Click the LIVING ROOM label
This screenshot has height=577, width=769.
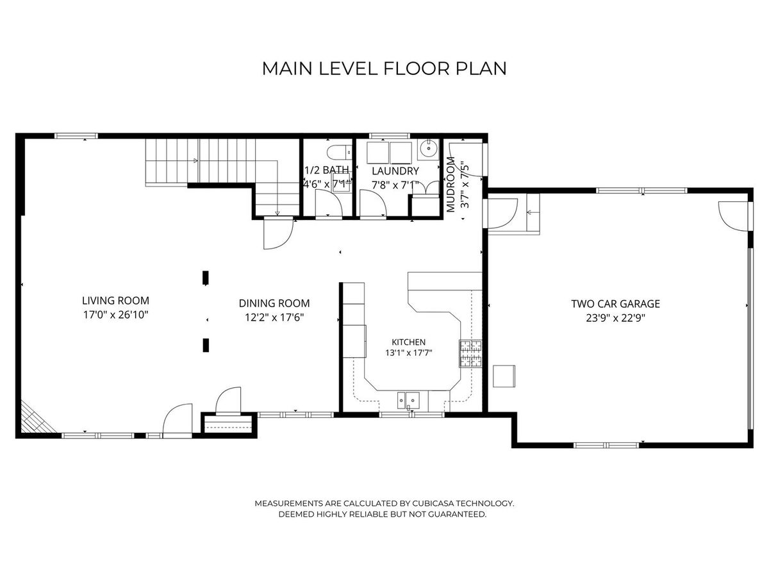pos(115,301)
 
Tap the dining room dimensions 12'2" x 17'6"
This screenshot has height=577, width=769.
pos(274,317)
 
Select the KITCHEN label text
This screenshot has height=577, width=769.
pos(408,342)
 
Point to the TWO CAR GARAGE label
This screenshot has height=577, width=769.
pos(616,304)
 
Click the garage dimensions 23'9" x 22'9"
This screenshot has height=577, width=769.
pos(616,318)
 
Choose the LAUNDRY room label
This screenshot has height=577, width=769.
pos(395,171)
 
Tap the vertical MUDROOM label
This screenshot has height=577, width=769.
pos(451,184)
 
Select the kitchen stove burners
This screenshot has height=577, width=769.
pos(470,353)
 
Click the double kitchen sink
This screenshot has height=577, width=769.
pos(408,400)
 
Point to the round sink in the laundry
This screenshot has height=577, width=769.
pos(429,148)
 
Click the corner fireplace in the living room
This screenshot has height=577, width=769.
pos(36,419)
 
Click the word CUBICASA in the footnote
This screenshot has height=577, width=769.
pos(433,503)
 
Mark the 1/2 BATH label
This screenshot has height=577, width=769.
pos(327,170)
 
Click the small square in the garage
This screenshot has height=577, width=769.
pos(504,376)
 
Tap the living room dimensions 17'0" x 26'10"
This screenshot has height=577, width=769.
pos(115,315)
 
